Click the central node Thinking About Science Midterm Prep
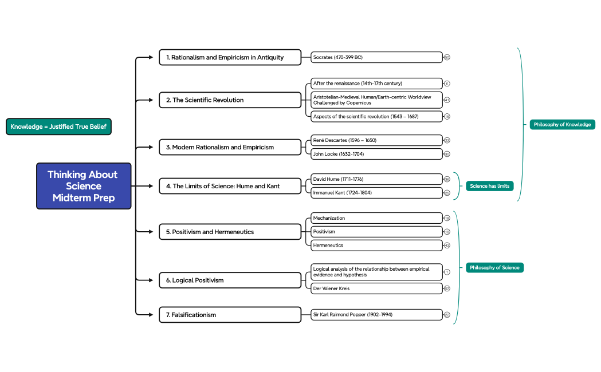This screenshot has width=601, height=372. coord(84,186)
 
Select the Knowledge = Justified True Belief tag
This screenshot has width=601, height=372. coord(58,126)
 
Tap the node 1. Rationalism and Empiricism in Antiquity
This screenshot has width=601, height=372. coord(230,57)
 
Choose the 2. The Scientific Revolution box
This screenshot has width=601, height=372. coord(230,100)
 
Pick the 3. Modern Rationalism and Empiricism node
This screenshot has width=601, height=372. coord(230,147)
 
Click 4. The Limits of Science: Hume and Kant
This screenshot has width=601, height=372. coord(230,186)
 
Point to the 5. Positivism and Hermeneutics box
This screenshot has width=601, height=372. coord(230,232)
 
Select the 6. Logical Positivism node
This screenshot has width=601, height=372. coord(230,280)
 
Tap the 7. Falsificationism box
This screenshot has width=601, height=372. coord(230,315)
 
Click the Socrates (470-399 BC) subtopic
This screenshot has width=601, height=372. coord(376,57)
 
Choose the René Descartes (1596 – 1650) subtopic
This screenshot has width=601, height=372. coord(376,140)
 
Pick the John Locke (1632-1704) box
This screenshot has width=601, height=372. coord(376,154)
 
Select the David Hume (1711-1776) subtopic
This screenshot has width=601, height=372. coord(376,179)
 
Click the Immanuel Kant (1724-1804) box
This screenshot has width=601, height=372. coord(376,193)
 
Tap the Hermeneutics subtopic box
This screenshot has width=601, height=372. coord(376,245)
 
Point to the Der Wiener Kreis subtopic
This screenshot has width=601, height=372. coord(376,288)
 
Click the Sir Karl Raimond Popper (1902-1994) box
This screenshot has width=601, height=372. coord(376,315)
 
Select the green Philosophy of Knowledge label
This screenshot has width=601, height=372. coord(562,125)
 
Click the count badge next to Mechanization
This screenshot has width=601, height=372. coord(447,218)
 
